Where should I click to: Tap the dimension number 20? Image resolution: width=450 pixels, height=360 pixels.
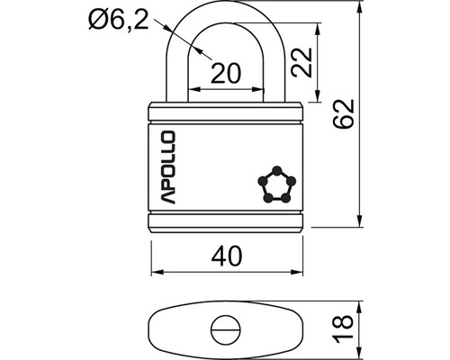pyautogui.click(x=226, y=74)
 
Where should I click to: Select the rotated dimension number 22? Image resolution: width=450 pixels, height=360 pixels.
pyautogui.click(x=302, y=62)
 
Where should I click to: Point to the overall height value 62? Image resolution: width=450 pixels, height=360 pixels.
pyautogui.click(x=344, y=113)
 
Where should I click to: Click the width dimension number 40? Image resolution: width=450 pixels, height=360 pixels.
pyautogui.click(x=227, y=256)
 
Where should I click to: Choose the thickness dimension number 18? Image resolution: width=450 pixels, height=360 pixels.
pyautogui.click(x=343, y=328)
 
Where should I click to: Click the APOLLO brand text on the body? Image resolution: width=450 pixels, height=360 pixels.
pyautogui.click(x=166, y=167)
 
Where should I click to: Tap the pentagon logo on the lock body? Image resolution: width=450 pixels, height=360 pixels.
pyautogui.click(x=276, y=184)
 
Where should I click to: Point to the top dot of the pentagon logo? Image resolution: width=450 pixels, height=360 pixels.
pyautogui.click(x=277, y=170)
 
